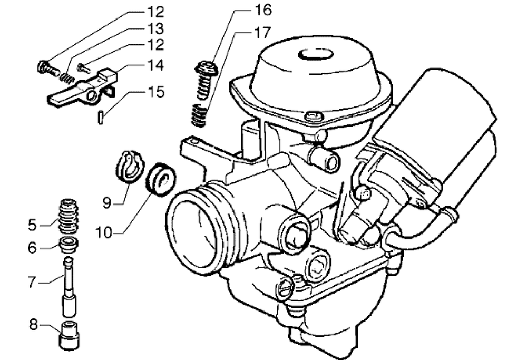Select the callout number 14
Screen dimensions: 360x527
(155, 66)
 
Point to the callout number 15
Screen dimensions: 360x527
(155, 92)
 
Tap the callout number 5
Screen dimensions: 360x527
(33, 225)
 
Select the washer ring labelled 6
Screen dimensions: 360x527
(68, 244)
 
